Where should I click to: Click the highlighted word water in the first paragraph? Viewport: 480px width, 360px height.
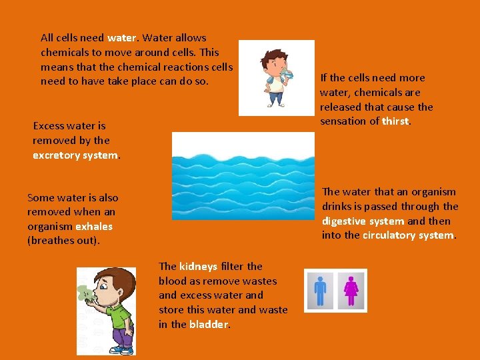click(121, 38)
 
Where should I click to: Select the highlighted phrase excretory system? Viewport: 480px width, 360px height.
click(75, 155)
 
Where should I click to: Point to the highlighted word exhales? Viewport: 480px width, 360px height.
click(94, 227)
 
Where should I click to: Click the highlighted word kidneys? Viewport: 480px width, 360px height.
click(198, 266)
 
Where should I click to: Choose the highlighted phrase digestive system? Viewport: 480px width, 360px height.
click(363, 221)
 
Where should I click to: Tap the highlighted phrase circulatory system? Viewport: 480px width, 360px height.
click(408, 235)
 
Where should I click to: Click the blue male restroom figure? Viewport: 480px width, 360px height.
click(321, 290)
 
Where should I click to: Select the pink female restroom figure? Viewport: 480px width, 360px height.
click(351, 290)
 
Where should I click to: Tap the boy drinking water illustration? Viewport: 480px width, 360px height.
click(276, 78)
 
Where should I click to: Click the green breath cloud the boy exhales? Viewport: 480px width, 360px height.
click(85, 294)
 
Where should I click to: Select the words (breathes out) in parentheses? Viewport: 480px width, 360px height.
click(63, 241)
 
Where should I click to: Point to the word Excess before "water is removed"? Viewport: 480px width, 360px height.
click(49, 125)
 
